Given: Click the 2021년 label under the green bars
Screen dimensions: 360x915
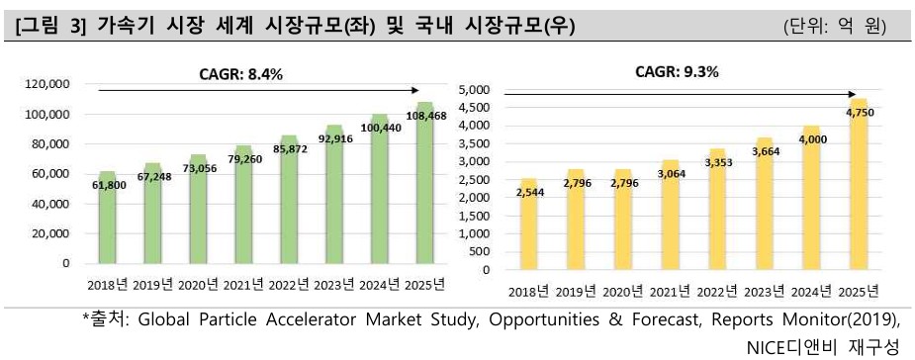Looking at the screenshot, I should click(243, 285).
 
